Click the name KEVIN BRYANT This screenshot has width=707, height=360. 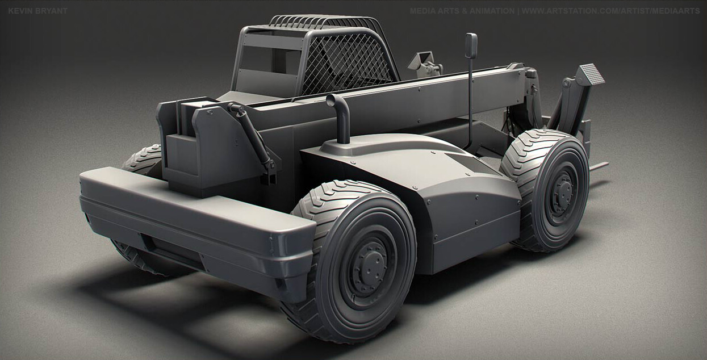(x=37, y=11)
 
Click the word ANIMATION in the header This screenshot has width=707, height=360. (x=493, y=11)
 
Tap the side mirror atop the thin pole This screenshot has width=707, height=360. (x=471, y=45)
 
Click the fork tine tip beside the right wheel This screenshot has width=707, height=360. (x=602, y=166)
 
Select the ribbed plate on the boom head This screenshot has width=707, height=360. (x=591, y=74)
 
